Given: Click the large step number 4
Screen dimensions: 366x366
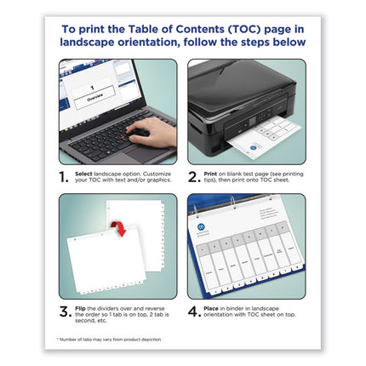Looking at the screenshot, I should pos(195,312).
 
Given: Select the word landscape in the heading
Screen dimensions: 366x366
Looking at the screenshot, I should pos(96,42).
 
